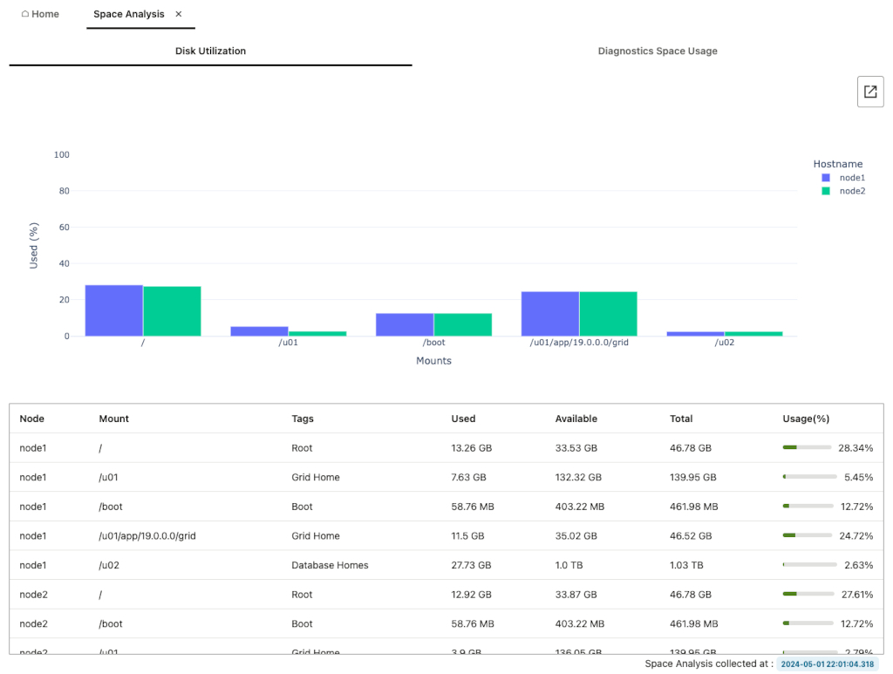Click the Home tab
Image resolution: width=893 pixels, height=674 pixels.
(x=40, y=14)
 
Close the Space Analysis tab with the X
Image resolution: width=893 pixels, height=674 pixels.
(x=179, y=14)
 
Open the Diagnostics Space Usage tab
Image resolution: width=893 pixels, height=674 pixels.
(x=658, y=51)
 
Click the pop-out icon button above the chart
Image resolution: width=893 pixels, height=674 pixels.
(x=870, y=92)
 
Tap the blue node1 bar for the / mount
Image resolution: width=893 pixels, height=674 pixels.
(x=113, y=310)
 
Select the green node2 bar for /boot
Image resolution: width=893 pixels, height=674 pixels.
(x=462, y=324)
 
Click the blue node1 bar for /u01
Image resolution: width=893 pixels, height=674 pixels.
(x=259, y=331)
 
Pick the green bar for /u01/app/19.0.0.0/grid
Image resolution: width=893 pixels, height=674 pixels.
(x=608, y=314)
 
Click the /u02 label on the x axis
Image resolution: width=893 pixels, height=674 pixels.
(x=724, y=343)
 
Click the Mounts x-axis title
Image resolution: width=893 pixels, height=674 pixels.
(x=433, y=360)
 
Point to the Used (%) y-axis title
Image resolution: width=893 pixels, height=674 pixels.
(x=34, y=245)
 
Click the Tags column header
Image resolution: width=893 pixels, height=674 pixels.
(x=303, y=419)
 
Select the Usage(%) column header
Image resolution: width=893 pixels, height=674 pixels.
(x=806, y=419)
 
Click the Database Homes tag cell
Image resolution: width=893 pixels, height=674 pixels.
(x=330, y=565)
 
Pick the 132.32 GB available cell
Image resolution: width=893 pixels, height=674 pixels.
(x=578, y=477)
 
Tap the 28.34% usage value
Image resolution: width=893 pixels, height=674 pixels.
(x=856, y=448)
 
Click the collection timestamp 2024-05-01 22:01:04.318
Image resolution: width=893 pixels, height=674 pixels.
(x=827, y=664)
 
